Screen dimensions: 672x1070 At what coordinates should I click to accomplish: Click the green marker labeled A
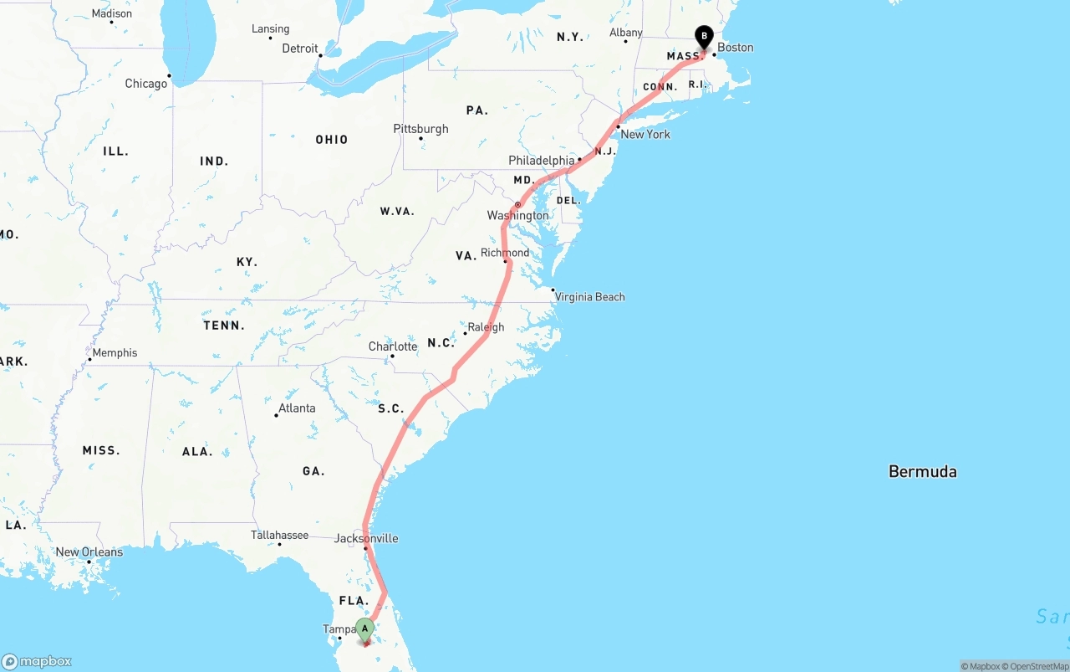click(x=364, y=629)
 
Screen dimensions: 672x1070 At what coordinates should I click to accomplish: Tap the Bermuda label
click(x=922, y=471)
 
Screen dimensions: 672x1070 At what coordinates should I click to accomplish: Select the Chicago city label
click(x=145, y=84)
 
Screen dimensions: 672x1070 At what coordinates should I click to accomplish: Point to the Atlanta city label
click(x=297, y=408)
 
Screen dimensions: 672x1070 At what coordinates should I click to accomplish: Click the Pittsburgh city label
click(x=420, y=129)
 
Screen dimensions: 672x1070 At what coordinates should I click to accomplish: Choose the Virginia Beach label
click(x=589, y=297)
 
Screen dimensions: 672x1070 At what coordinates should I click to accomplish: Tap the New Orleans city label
click(x=89, y=552)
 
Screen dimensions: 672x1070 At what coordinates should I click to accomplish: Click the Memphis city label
click(x=115, y=353)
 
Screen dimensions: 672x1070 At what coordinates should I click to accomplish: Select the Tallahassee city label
click(x=279, y=536)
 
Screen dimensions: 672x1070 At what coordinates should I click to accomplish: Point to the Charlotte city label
click(x=392, y=346)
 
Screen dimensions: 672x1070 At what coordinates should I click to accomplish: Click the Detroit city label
click(x=300, y=49)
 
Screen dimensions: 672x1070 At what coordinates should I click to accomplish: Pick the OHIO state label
click(x=331, y=140)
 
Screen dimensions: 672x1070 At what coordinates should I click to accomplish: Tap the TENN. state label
click(x=224, y=326)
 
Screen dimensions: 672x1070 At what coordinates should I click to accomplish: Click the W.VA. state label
click(x=397, y=212)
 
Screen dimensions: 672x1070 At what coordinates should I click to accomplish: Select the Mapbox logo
click(x=37, y=662)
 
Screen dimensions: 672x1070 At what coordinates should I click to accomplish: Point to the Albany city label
click(x=625, y=33)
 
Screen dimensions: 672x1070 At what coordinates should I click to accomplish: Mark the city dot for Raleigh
click(x=466, y=333)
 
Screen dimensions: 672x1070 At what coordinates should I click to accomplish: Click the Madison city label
click(x=111, y=13)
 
